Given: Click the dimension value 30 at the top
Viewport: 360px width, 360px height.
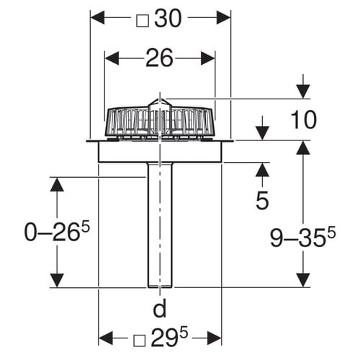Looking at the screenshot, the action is [168, 19].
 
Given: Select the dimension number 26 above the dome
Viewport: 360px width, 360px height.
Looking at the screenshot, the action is [159, 58].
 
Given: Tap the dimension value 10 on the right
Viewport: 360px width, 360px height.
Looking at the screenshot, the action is [303, 120].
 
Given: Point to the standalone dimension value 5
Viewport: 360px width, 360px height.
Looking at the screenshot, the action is [262, 200].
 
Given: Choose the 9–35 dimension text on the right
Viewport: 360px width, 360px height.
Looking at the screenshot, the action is [302, 238].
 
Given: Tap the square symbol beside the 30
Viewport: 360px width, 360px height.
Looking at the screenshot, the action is [143, 21].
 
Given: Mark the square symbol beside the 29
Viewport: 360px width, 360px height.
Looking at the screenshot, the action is [140, 341].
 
